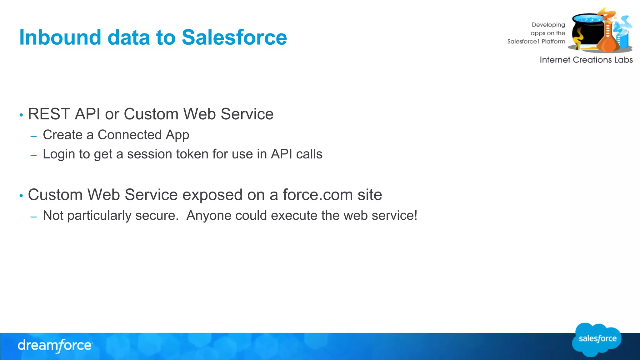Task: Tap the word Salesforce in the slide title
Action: point(234,37)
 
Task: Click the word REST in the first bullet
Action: point(49,114)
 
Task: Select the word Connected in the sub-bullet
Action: point(129,135)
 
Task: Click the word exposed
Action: point(212,195)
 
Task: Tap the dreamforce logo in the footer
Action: point(55,346)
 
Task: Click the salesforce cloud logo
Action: point(597,339)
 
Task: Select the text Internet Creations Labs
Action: point(586,60)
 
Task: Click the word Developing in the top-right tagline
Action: point(548,25)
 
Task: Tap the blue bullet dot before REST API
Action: point(21,115)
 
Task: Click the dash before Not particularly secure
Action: point(34,217)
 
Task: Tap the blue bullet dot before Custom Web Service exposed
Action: point(21,196)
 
